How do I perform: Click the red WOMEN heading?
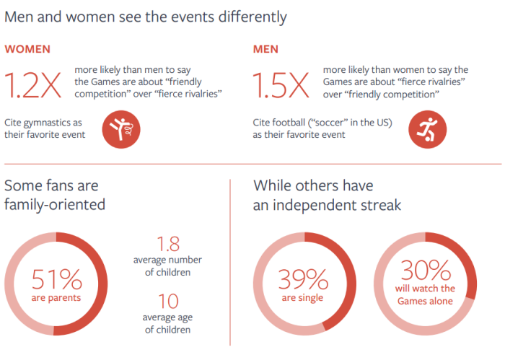[x=27, y=49]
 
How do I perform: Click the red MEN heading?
[x=265, y=49]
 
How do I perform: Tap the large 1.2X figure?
[x=33, y=85]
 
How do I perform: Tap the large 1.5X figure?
[x=281, y=85]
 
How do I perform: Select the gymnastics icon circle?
[x=121, y=129]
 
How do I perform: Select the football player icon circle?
[x=427, y=129]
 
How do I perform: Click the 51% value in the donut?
[x=57, y=279]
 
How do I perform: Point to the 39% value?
[x=303, y=279]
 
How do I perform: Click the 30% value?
[x=426, y=270]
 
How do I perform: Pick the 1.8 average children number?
[x=168, y=244]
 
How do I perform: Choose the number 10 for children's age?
[x=168, y=302]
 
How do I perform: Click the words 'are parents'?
[x=56, y=298]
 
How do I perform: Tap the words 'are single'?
[x=302, y=298]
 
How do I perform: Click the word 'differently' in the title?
[x=252, y=17]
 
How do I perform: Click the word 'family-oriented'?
[x=55, y=205]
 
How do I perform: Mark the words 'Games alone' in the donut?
[x=425, y=301]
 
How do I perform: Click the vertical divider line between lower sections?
[x=230, y=263]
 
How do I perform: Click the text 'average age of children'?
[x=167, y=324]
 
